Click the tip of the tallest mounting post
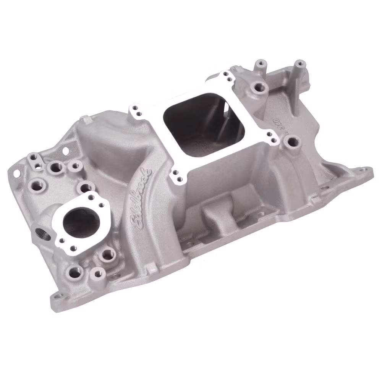(300, 63)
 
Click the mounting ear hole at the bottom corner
(58, 296)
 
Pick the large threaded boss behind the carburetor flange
(260, 87)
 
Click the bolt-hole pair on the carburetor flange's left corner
(136, 110)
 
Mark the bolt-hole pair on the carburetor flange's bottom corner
(177, 176)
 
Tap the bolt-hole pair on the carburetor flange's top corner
(228, 76)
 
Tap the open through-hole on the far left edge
(16, 173)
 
